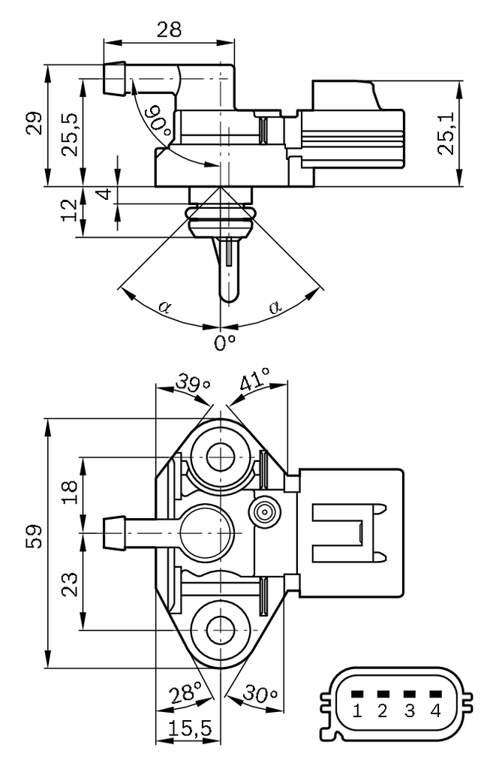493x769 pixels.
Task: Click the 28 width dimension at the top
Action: tap(170, 29)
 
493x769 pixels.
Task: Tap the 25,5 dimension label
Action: tap(70, 134)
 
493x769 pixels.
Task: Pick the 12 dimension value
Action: tap(70, 211)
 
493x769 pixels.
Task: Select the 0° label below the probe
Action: tap(224, 343)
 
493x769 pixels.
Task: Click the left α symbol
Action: tap(164, 306)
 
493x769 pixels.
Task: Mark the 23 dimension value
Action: tap(70, 584)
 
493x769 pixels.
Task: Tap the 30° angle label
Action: tap(262, 695)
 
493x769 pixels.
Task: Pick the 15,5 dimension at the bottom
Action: tap(189, 728)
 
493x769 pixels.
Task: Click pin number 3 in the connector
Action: tap(409, 710)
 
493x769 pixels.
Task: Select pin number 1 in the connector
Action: tap(357, 710)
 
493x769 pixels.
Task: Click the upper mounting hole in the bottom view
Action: tap(221, 457)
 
